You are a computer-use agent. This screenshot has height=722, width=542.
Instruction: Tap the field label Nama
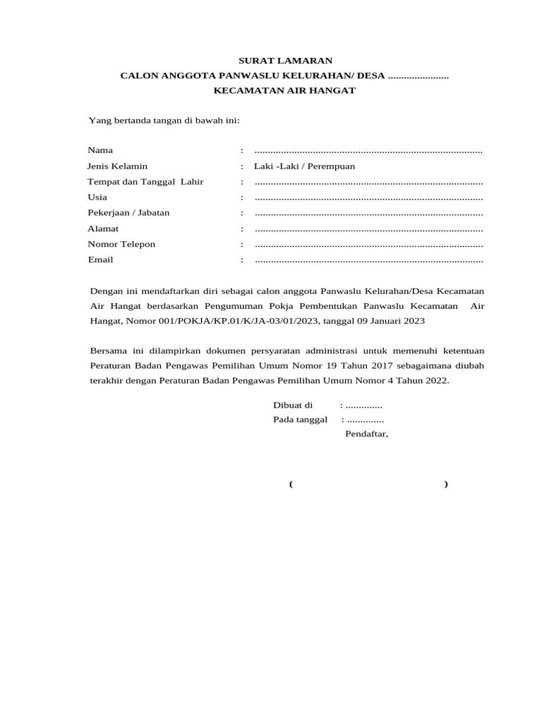(x=100, y=150)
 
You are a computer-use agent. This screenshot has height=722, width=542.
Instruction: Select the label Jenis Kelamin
(x=117, y=166)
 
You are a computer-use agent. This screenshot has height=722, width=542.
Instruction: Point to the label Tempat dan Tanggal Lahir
(x=145, y=182)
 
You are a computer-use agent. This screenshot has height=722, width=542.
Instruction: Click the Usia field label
(x=97, y=197)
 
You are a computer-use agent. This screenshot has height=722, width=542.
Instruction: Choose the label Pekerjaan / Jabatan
(x=128, y=213)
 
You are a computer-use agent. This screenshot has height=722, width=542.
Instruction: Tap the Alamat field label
(x=103, y=228)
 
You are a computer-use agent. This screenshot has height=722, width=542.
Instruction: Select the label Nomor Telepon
(x=121, y=244)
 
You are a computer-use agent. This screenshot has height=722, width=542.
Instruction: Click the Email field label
(x=100, y=259)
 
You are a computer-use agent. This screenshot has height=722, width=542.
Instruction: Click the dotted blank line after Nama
(x=368, y=151)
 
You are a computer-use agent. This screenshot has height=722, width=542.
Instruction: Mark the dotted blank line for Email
(x=368, y=260)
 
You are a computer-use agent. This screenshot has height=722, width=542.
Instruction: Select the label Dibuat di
(x=293, y=405)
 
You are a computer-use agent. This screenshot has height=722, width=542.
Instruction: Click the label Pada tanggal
(x=300, y=420)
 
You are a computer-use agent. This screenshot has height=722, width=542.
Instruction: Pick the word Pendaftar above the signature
(x=366, y=434)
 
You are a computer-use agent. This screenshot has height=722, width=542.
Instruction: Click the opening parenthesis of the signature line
(x=291, y=484)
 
